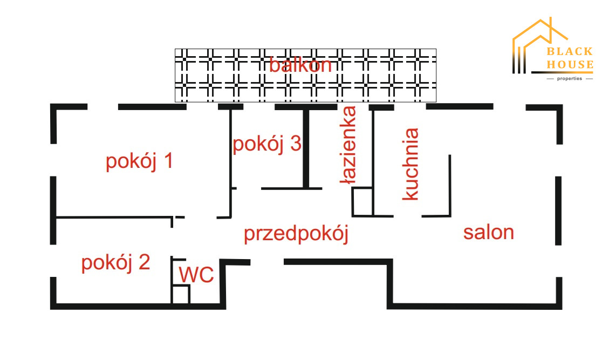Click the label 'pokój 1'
click(139, 161)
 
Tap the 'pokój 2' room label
click(115, 263)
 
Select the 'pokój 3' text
click(266, 144)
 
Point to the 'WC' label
click(196, 275)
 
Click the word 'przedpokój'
click(296, 234)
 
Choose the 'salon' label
click(488, 232)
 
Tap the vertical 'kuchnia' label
click(410, 164)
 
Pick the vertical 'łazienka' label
click(348, 145)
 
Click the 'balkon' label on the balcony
click(300, 65)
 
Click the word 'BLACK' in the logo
click(570, 52)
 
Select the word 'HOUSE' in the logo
click(570, 65)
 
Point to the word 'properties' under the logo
click(570, 79)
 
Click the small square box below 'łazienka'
click(362, 202)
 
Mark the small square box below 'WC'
click(181, 295)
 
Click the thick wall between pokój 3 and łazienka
click(305, 147)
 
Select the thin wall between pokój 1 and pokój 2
click(113, 218)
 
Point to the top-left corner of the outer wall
click(54, 108)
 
